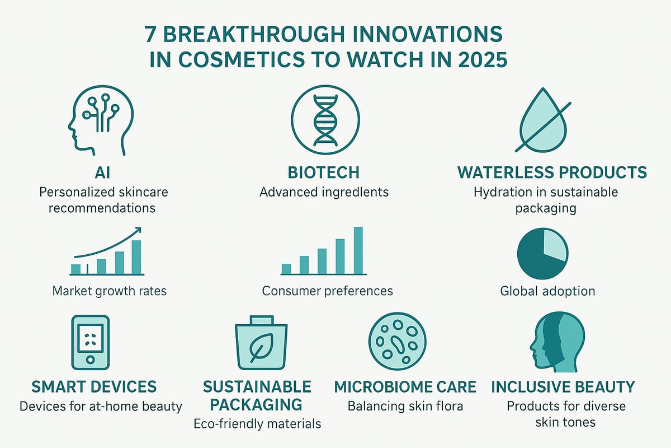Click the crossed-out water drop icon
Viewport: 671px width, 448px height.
point(542,120)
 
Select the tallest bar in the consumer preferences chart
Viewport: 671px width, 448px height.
point(358,250)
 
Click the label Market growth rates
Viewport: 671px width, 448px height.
point(109,291)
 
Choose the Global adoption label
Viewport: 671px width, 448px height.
point(547,291)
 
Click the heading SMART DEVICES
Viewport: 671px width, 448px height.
point(94,386)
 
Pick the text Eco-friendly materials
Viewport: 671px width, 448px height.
point(257,424)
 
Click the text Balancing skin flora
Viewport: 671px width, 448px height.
point(405,405)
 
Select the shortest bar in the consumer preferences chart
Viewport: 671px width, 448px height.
point(286,269)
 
